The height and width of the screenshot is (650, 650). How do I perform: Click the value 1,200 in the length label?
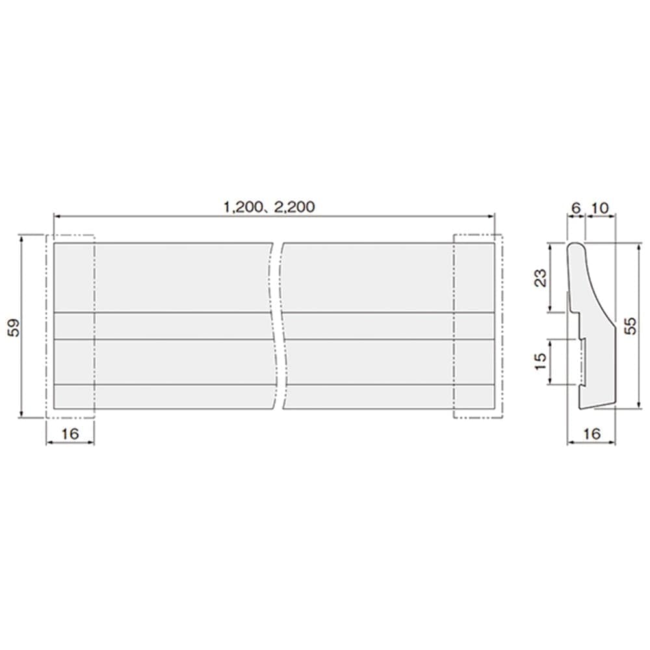(x=240, y=207)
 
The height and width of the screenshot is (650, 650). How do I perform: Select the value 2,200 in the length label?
(x=294, y=207)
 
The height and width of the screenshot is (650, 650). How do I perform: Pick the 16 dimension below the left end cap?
(x=70, y=434)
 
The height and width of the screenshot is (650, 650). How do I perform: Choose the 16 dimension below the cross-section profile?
(x=591, y=434)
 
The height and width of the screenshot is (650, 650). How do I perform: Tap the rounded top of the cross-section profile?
(x=577, y=245)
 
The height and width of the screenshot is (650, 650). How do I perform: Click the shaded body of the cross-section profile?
(x=597, y=364)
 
